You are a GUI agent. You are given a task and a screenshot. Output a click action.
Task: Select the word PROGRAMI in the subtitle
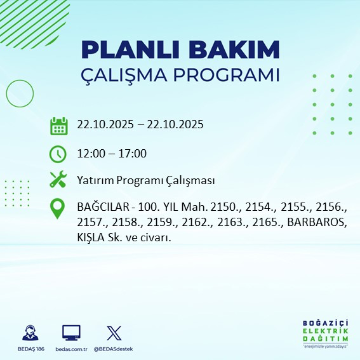[227, 74]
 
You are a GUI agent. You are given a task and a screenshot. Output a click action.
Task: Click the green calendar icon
[58, 126]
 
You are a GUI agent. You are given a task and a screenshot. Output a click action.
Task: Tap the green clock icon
[58, 154]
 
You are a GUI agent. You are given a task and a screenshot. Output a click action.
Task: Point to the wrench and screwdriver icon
[58, 180]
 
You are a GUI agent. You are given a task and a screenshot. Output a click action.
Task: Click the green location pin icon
[58, 210]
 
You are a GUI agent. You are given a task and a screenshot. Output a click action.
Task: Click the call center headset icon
[29, 333]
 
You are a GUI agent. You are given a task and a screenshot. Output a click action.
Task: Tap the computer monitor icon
[71, 333]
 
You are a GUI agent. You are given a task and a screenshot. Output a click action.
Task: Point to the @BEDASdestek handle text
[114, 349]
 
